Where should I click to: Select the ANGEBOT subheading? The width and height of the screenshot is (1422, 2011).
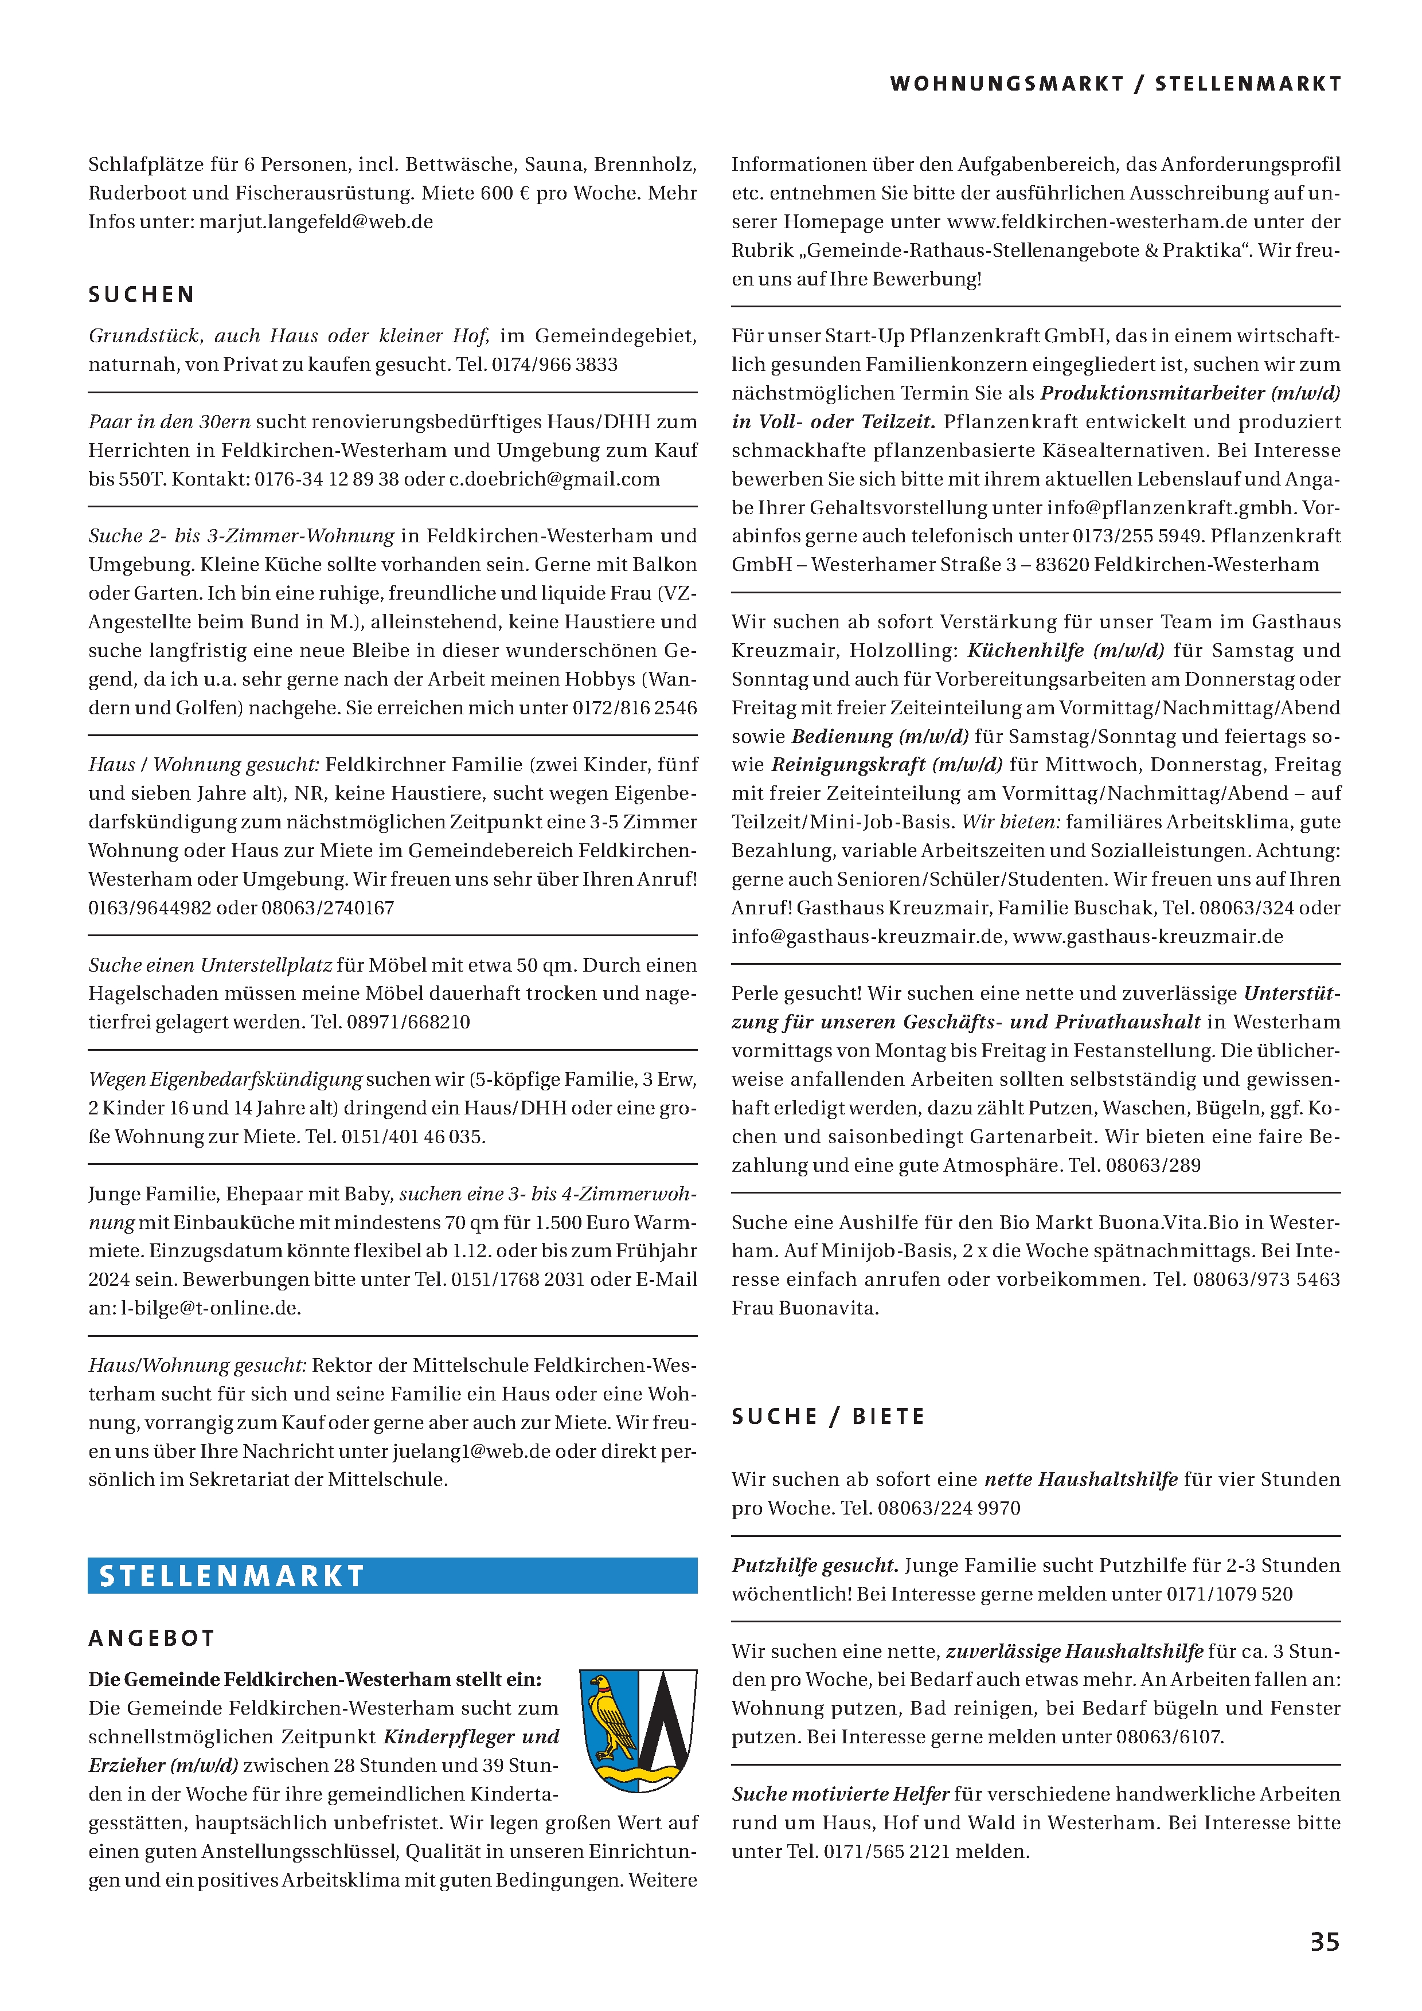(151, 1638)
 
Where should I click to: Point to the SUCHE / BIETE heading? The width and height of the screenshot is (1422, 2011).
(828, 1417)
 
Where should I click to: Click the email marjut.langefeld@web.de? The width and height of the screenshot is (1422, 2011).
(317, 222)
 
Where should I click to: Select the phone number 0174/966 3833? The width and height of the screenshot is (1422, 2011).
(554, 365)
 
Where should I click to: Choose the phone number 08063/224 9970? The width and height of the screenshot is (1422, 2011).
(949, 1508)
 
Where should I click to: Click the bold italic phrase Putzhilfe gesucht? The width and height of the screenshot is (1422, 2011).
(815, 1565)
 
